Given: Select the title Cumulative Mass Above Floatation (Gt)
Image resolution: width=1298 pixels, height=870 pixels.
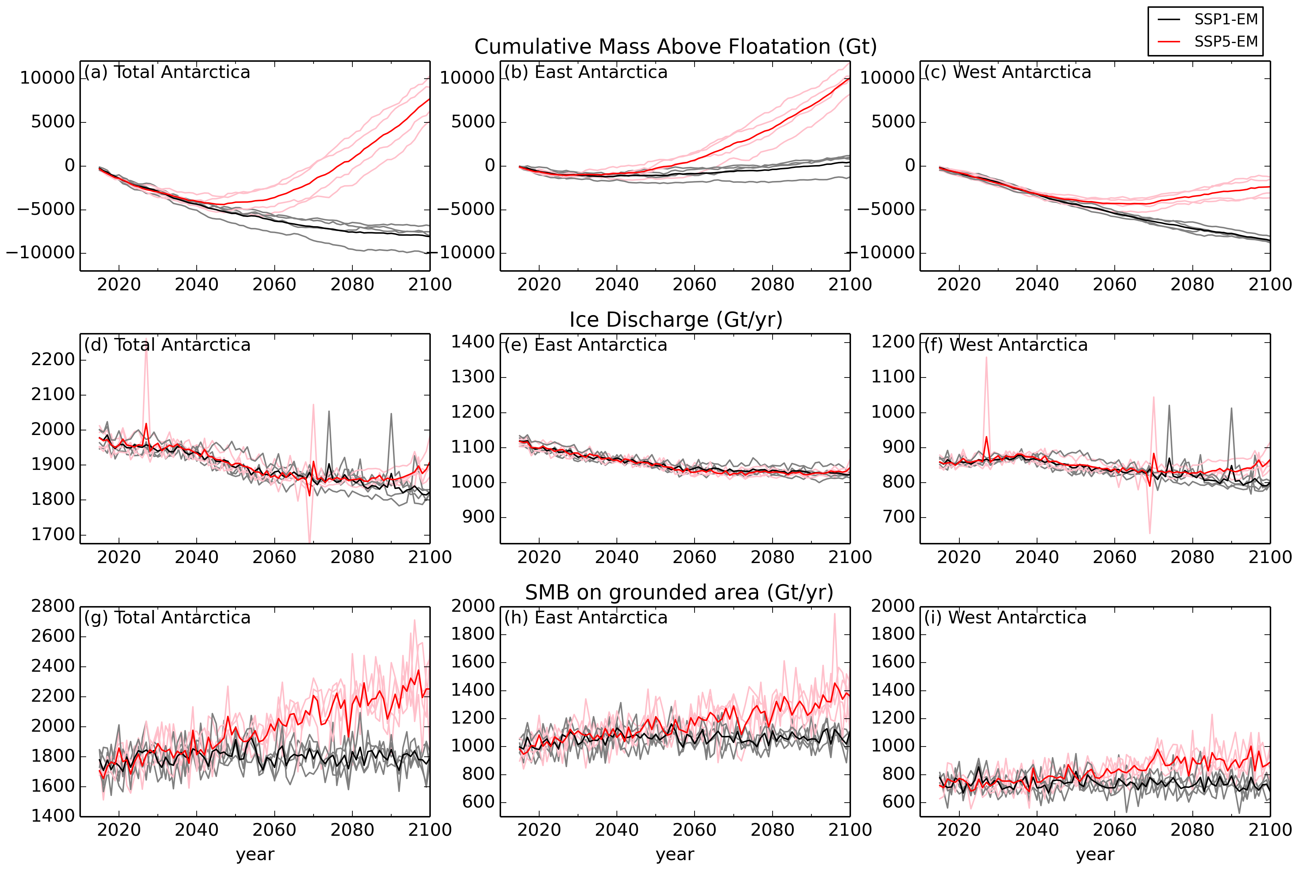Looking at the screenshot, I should (675, 47).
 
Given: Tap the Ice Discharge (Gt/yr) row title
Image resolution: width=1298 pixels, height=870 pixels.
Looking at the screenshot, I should (675, 320).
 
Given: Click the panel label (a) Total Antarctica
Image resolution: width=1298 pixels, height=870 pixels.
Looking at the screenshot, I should (167, 72).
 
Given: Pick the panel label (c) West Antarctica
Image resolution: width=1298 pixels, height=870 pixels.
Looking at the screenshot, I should (1007, 72).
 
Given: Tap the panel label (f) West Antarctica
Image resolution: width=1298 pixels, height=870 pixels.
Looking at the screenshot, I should (1005, 345).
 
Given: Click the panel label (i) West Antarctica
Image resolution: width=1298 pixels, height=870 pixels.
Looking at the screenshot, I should (1005, 617).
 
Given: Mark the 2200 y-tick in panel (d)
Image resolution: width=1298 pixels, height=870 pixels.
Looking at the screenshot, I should (53, 360).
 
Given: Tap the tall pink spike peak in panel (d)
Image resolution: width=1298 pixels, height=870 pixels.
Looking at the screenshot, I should (146, 338).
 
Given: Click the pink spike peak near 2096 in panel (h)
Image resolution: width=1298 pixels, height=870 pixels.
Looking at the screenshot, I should (834, 614).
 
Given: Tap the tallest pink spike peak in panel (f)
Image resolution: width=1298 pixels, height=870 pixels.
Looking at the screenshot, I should (987, 357).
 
